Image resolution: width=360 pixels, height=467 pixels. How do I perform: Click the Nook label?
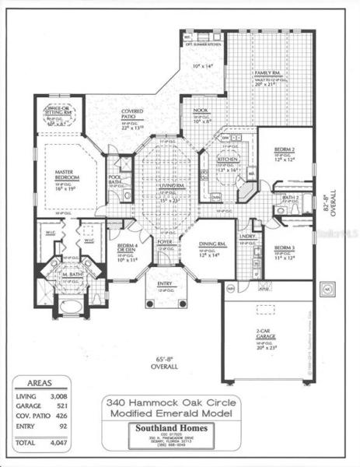pos(201,112)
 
